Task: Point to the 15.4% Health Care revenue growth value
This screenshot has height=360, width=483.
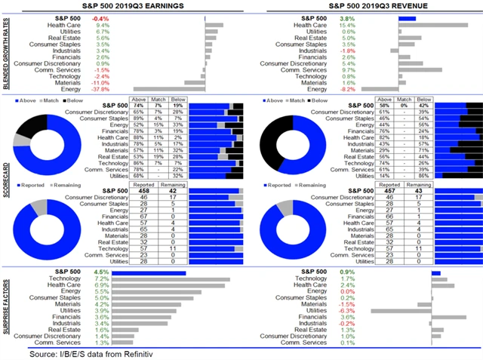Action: (347, 25)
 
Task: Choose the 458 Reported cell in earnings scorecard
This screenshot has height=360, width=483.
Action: (139, 191)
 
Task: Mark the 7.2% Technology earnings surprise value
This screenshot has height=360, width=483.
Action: (102, 278)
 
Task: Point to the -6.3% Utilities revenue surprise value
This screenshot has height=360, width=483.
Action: (346, 310)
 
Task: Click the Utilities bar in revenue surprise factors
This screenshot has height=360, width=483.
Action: (401, 310)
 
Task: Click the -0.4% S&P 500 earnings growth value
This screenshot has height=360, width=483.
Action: (100, 17)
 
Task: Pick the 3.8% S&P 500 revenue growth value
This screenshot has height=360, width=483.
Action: (347, 17)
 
